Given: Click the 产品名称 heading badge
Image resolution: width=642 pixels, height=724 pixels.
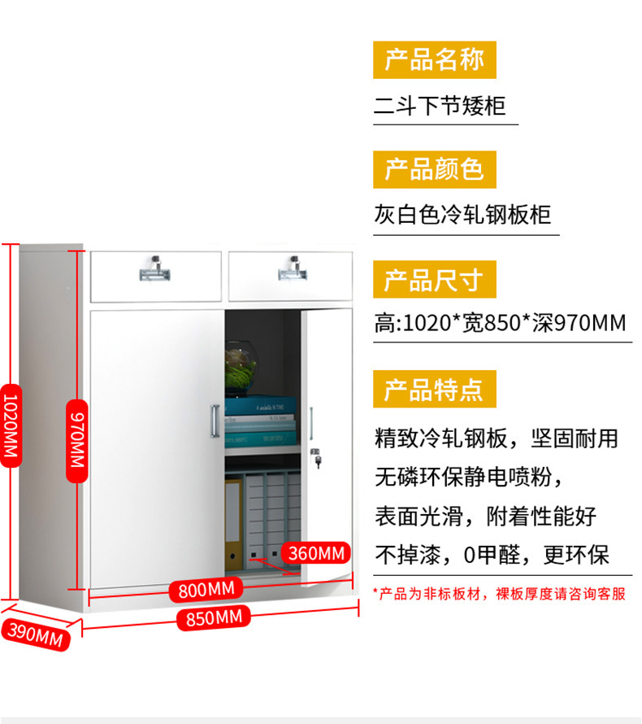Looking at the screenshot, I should (434, 59).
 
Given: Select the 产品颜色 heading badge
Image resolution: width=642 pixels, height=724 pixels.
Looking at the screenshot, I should (434, 169).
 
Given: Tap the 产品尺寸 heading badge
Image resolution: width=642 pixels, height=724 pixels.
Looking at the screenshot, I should (434, 281).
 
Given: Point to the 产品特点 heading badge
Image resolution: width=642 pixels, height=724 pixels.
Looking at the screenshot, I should (434, 389).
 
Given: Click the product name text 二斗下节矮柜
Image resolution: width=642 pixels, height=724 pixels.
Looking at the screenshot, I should (440, 106).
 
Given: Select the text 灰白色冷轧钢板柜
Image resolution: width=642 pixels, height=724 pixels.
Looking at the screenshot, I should (462, 215).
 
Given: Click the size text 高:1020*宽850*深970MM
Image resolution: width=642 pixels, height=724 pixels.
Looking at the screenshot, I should (500, 324).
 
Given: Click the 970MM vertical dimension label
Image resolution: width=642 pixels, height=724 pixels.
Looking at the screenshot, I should (75, 438).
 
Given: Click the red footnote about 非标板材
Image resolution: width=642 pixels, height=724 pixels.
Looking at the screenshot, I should (499, 594).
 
